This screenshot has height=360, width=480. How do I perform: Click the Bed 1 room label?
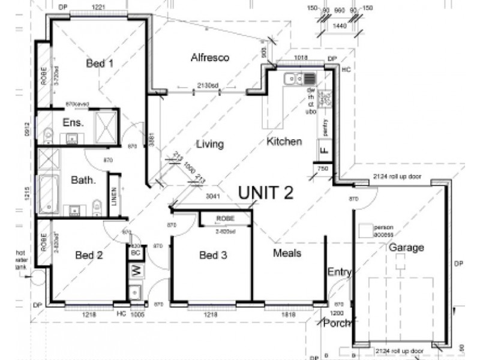pos(100,63)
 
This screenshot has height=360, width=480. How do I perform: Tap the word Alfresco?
pos(211,58)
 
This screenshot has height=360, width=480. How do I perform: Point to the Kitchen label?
pos(284,142)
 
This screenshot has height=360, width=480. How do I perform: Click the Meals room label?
pos(287,253)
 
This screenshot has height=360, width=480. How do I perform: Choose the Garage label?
pos(406,247)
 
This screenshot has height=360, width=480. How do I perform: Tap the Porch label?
pos(337,323)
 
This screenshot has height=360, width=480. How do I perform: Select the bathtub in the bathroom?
pos(49,194)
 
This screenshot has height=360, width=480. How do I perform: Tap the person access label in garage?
pos(383,231)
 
